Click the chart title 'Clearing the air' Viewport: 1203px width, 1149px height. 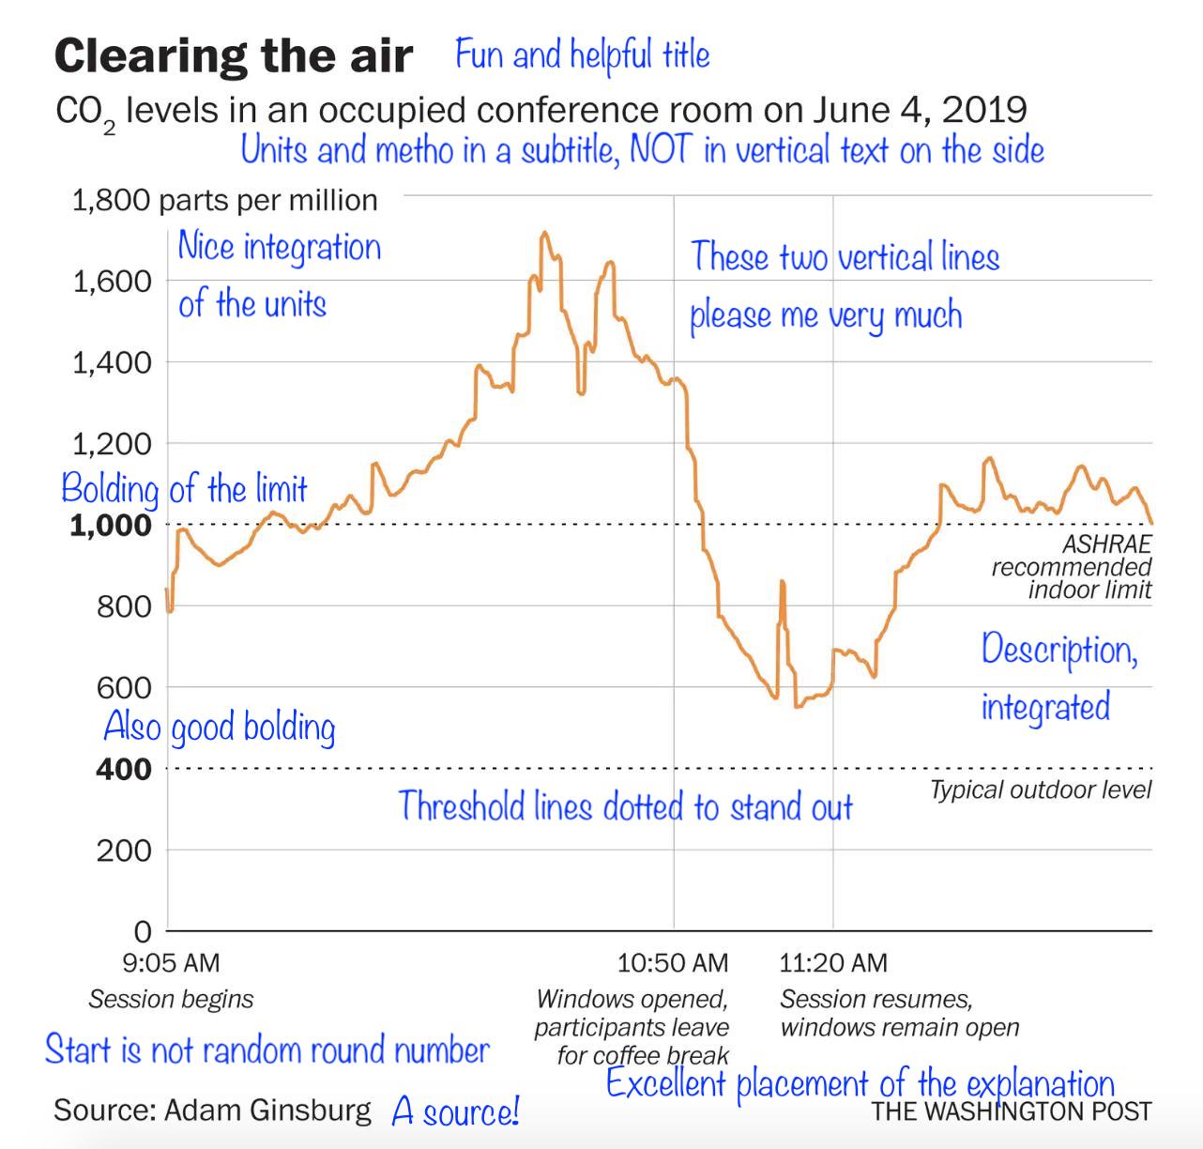tap(233, 56)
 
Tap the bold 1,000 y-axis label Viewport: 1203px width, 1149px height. tap(111, 526)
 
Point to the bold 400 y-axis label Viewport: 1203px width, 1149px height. tap(123, 770)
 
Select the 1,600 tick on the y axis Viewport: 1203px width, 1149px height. tap(112, 281)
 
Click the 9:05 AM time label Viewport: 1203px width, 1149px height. tap(171, 962)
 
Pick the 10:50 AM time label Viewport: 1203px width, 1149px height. tap(672, 962)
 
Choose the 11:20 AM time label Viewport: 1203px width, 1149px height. tap(832, 962)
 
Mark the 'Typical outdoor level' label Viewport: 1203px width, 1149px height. tap(1040, 790)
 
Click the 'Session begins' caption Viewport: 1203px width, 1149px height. tap(171, 999)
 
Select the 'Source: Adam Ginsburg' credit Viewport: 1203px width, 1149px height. tap(212, 1111)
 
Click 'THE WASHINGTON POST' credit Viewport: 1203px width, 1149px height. tap(1011, 1112)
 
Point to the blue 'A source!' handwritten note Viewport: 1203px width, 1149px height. tap(455, 1111)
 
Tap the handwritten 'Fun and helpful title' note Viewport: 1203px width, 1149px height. tap(582, 55)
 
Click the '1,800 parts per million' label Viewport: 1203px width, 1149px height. tap(224, 200)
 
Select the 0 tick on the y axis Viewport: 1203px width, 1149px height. tap(142, 931)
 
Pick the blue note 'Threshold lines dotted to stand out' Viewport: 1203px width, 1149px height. tap(625, 806)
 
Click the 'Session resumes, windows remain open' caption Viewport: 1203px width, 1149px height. tap(898, 1013)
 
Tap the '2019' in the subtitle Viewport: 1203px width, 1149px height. tap(983, 110)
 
